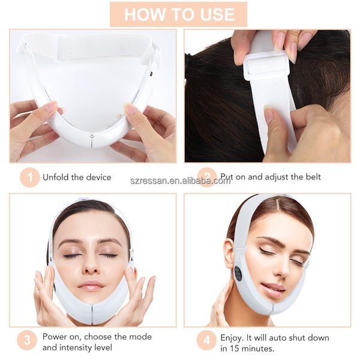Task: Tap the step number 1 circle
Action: pos(28,177)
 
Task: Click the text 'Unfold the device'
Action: pos(77,177)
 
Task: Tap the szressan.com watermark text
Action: pos(180,181)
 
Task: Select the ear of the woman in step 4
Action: pos(229,253)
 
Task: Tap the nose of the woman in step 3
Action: pos(91,265)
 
